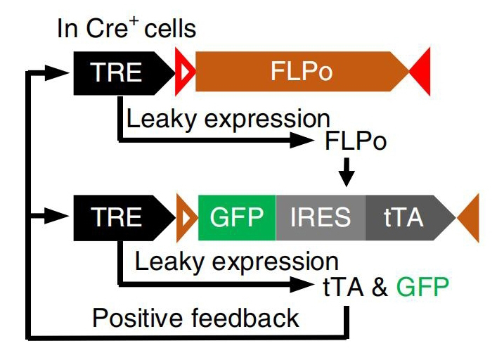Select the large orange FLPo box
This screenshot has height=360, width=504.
(x=302, y=72)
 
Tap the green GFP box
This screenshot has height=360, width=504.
(x=236, y=217)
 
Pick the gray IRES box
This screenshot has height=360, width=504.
(x=321, y=217)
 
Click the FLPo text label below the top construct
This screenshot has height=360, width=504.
(x=356, y=141)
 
